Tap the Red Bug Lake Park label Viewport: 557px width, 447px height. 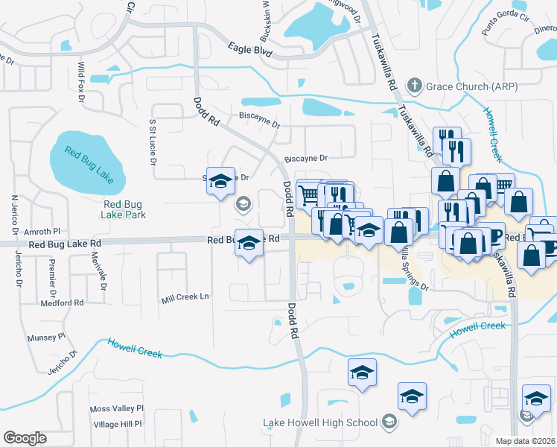(124, 209)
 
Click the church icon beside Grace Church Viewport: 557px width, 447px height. (415, 86)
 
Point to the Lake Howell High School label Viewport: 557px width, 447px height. (320, 423)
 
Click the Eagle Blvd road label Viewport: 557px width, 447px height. (250, 50)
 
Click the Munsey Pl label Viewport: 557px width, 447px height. (47, 337)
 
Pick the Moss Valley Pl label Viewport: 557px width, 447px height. (116, 409)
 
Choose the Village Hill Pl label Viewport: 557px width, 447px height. (118, 424)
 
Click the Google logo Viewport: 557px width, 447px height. (25, 438)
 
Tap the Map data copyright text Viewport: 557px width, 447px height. (525, 441)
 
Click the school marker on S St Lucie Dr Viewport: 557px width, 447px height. (220, 182)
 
